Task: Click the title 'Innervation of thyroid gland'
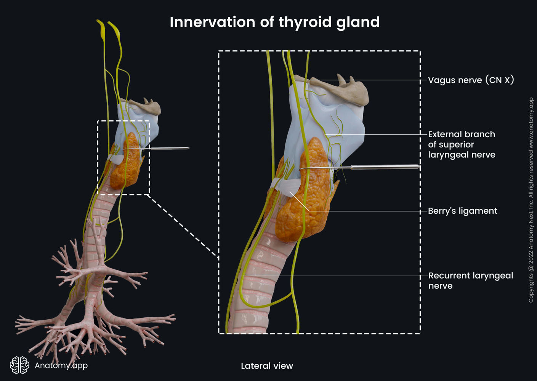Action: pos(274,22)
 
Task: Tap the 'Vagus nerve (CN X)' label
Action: pos(471,80)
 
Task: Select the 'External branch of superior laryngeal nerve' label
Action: pos(462,144)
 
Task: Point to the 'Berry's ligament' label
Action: pos(462,211)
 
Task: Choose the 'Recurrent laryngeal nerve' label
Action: pos(470,280)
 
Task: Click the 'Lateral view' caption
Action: pos(267,366)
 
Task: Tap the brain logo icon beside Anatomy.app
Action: pos(19,365)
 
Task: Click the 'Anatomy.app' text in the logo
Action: pos(61,365)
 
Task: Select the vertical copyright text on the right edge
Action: pos(531,200)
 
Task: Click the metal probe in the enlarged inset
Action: pos(385,167)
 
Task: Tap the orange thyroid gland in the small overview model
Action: pos(128,164)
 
